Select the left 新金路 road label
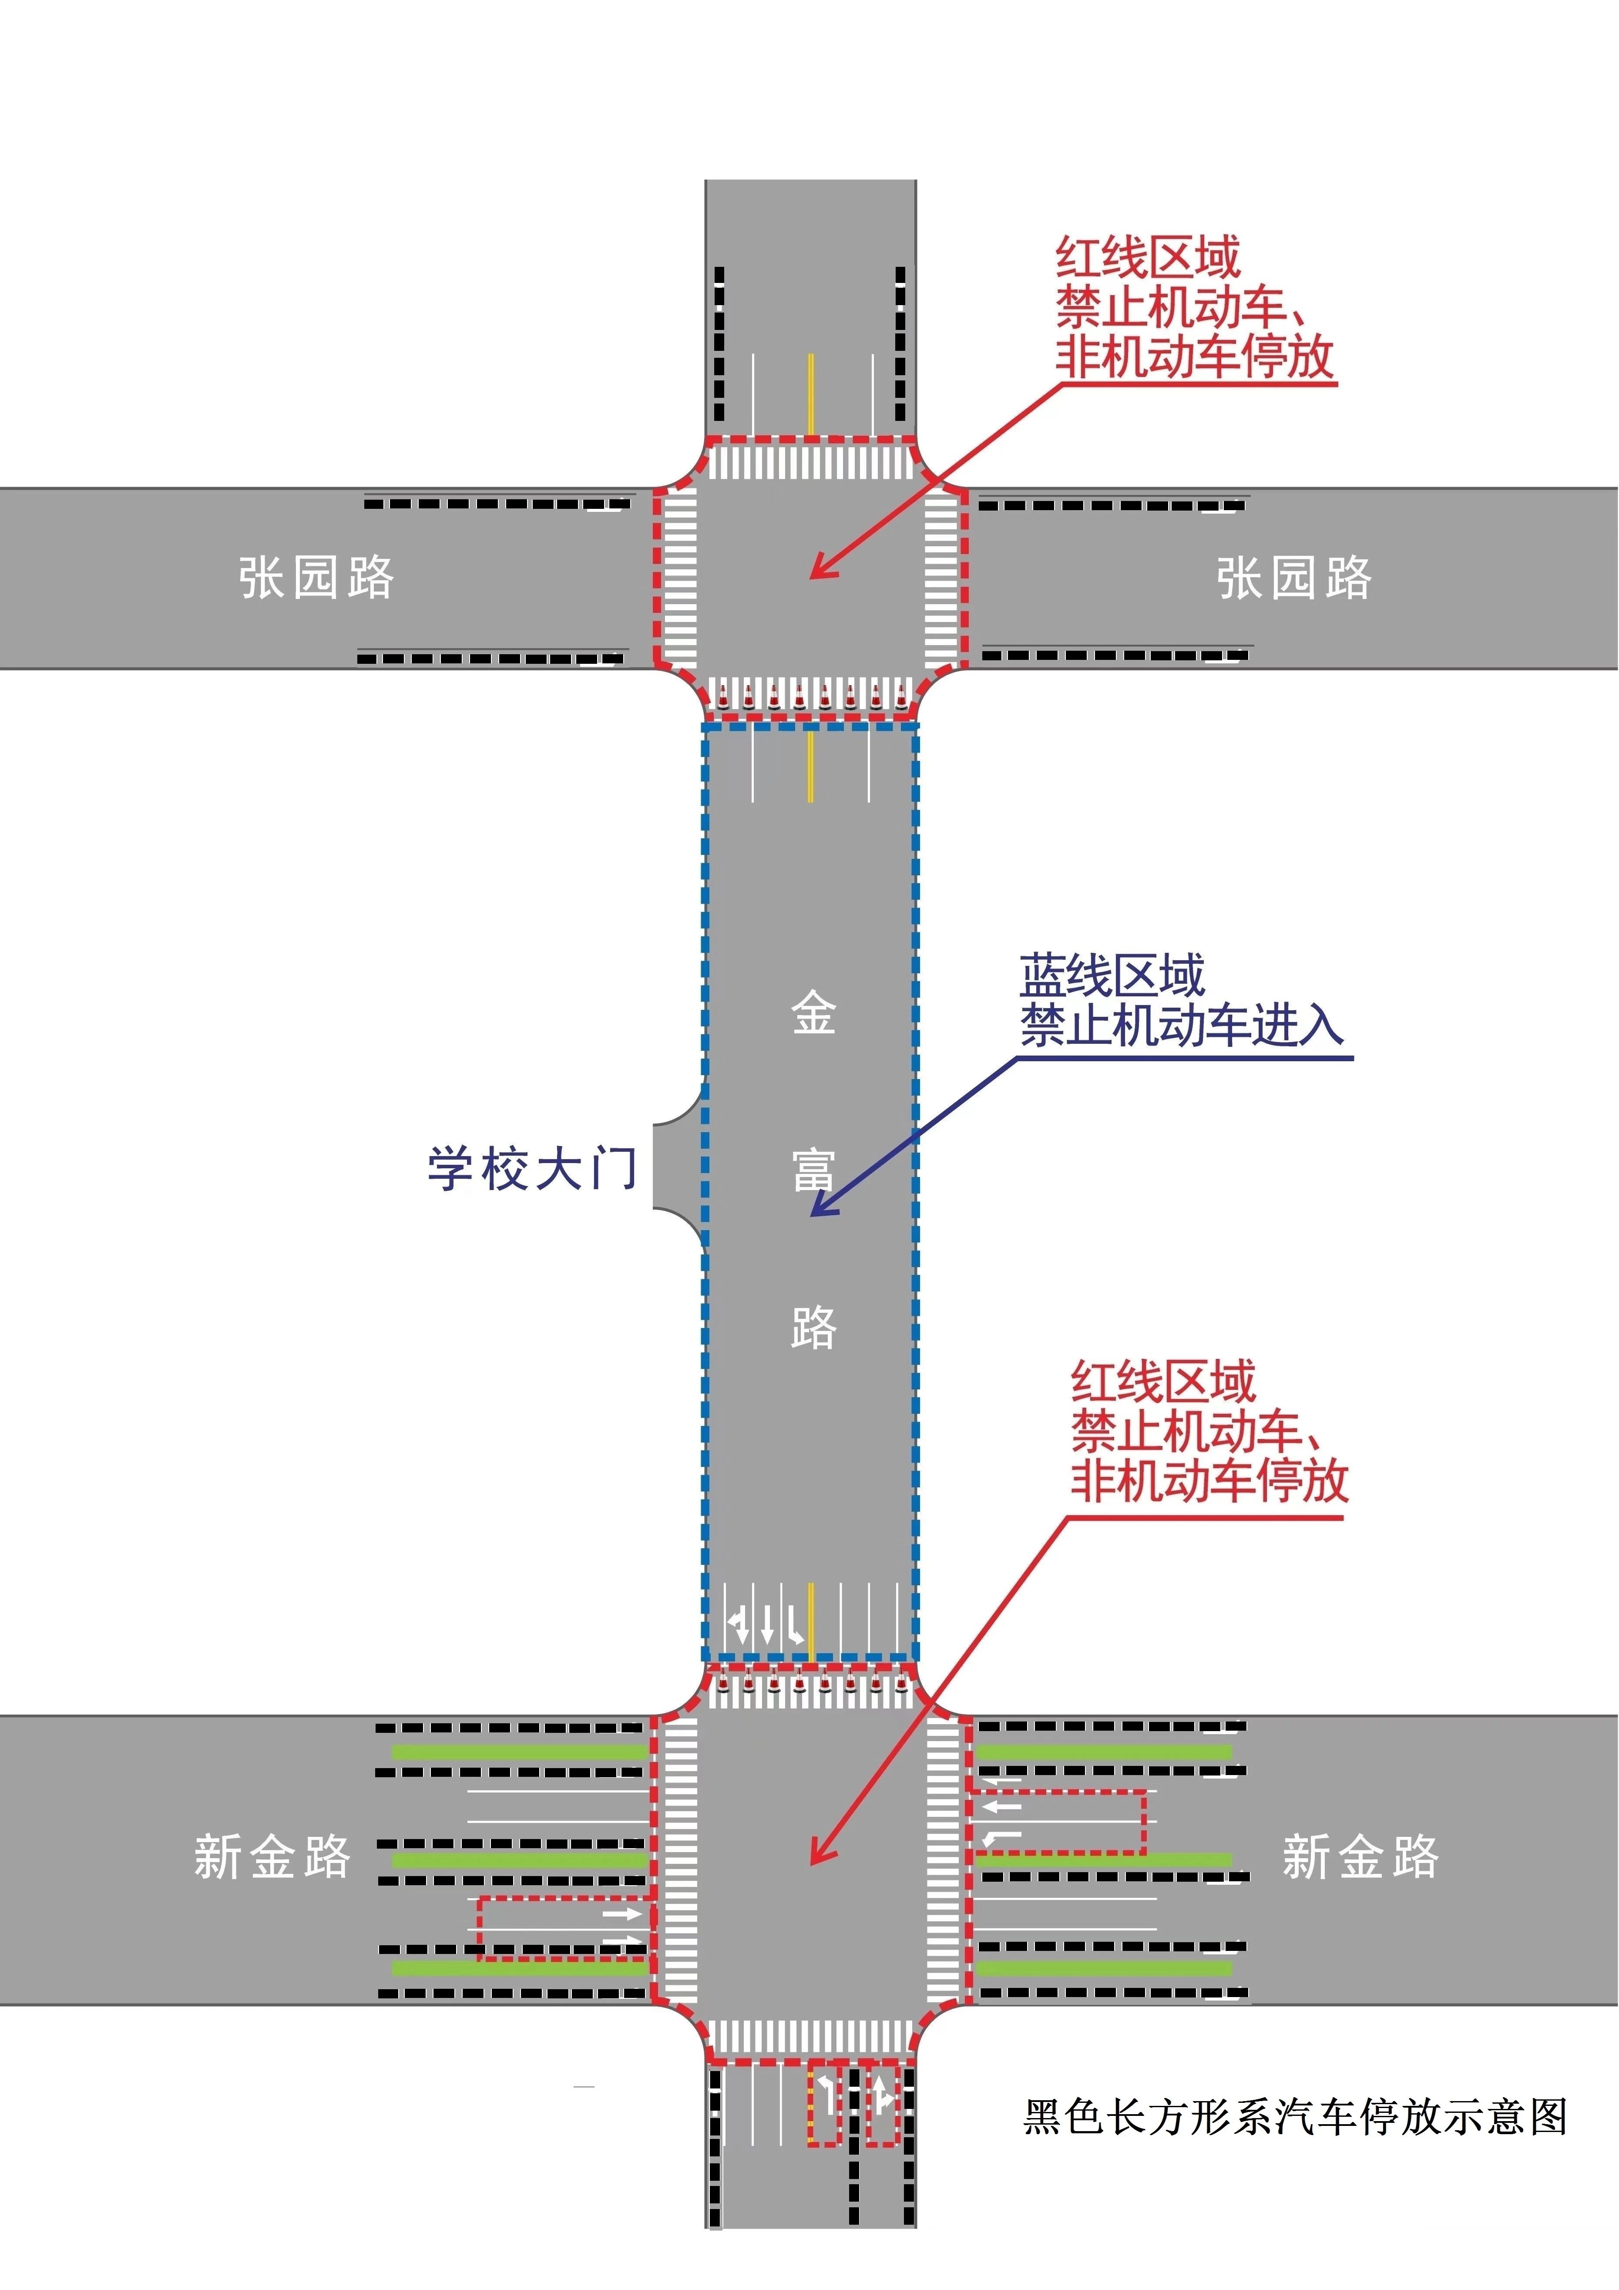[x=272, y=1856]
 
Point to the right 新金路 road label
[x=1360, y=1856]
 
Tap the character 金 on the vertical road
[x=813, y=1013]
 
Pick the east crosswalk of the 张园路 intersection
[x=940, y=578]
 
